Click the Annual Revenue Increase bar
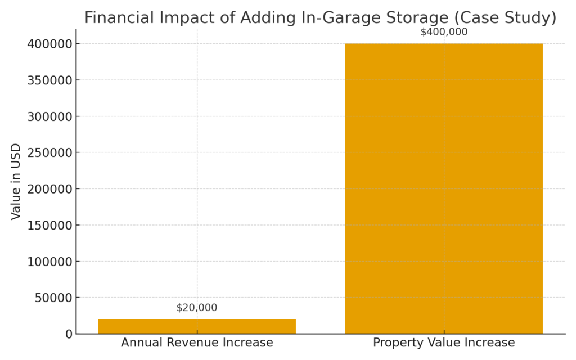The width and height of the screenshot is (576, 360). click(197, 326)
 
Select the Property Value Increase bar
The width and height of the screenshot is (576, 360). click(444, 188)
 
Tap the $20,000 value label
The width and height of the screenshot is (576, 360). click(196, 308)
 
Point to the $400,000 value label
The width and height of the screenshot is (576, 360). click(444, 32)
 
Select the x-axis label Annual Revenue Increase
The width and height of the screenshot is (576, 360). click(197, 343)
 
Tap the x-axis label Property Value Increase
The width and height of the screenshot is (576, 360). click(444, 343)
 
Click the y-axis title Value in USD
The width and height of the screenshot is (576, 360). click(16, 181)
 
